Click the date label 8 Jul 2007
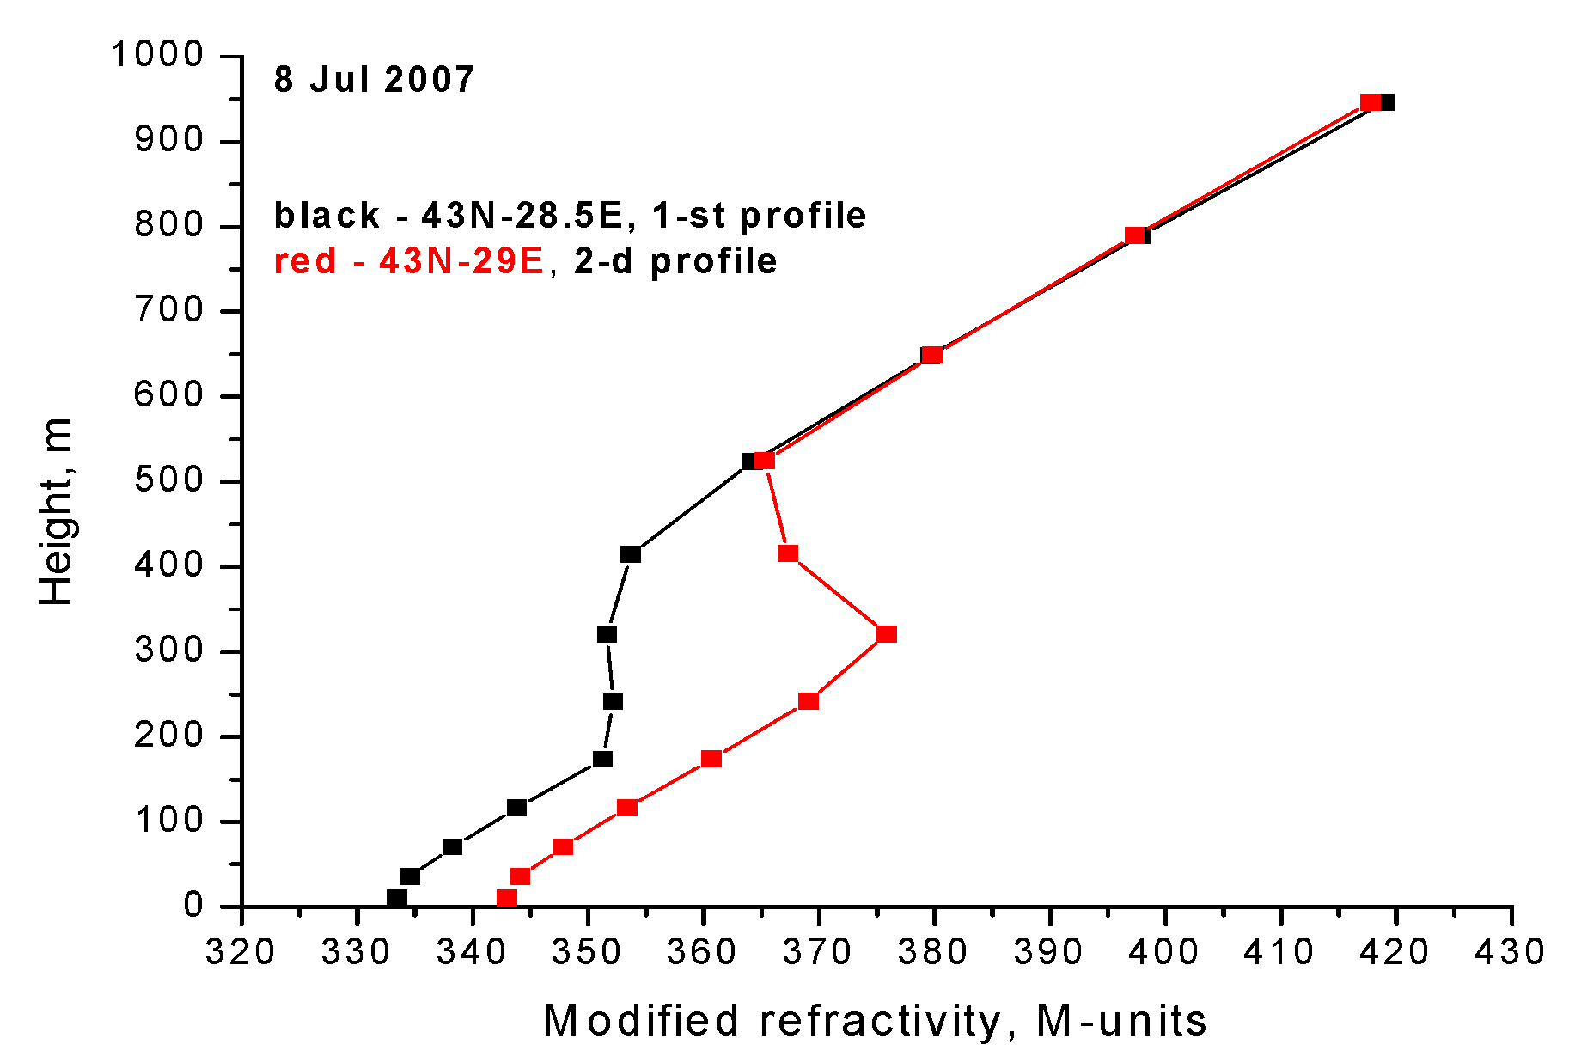(374, 80)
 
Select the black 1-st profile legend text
(570, 215)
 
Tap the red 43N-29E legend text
(409, 260)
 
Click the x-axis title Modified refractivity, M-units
(875, 1021)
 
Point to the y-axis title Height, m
(57, 512)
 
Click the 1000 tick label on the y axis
(157, 55)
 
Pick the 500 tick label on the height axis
(169, 480)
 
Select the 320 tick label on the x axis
(241, 952)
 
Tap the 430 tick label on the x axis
(1511, 952)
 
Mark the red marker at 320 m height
(887, 634)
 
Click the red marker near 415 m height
(788, 553)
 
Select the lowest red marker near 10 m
(507, 898)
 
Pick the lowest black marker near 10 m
(397, 898)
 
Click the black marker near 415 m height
(631, 554)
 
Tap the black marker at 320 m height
(607, 634)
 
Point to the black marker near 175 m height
(603, 759)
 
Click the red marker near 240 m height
(809, 701)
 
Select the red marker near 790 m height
(1135, 235)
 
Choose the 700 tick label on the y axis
(169, 310)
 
